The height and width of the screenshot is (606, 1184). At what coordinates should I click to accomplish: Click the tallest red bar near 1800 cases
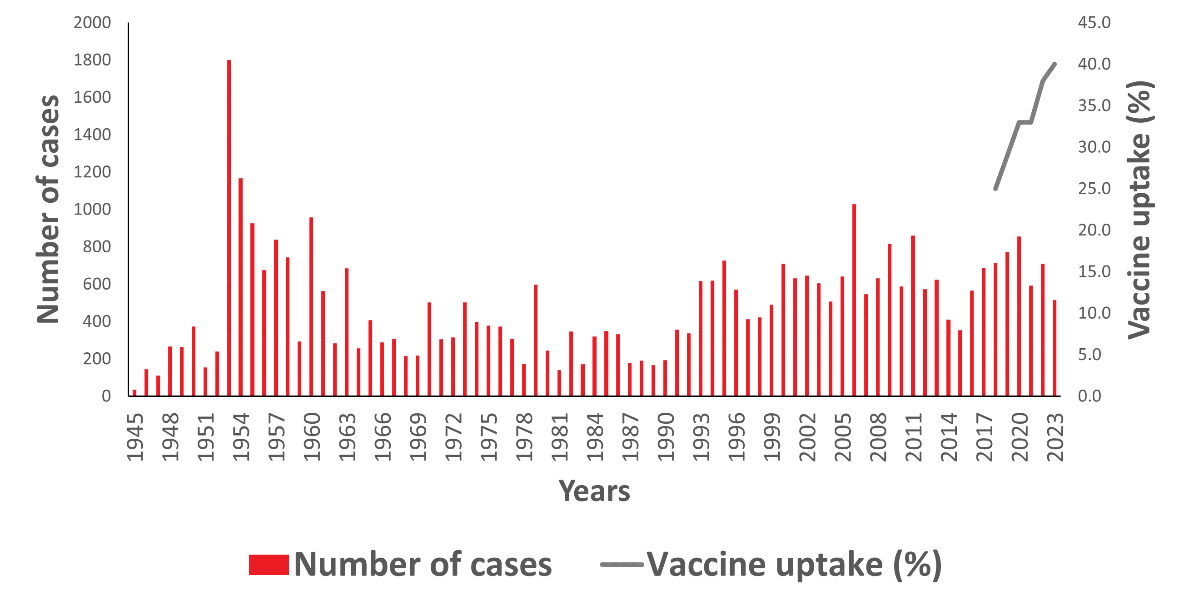(x=229, y=228)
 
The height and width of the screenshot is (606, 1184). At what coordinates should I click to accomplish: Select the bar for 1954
(x=240, y=287)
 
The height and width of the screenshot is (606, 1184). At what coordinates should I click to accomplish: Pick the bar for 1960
(x=311, y=306)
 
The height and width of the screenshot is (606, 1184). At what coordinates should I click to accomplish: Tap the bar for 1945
(x=134, y=392)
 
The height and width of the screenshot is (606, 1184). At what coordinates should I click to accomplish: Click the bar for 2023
(x=1055, y=348)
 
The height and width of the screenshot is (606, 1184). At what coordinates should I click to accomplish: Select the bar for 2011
(x=913, y=316)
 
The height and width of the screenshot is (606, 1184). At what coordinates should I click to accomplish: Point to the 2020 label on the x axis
(x=1020, y=437)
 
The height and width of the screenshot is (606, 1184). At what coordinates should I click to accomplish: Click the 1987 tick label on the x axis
(x=630, y=437)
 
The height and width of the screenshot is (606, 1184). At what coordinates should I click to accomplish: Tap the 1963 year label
(x=347, y=437)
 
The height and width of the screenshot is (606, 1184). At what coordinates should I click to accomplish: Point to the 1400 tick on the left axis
(x=92, y=135)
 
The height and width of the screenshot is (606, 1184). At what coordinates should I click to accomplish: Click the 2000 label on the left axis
(x=92, y=23)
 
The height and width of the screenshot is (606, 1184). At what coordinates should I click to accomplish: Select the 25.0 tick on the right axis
(x=1094, y=189)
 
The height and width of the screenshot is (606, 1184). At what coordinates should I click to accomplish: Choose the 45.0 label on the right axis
(x=1094, y=23)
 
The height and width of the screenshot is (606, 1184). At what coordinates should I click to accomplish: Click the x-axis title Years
(x=594, y=491)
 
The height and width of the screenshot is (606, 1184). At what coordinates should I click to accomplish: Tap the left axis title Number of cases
(x=48, y=209)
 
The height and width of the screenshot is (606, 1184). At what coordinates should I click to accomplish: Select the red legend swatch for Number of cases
(x=269, y=565)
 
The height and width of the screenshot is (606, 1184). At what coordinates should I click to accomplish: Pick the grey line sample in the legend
(x=622, y=565)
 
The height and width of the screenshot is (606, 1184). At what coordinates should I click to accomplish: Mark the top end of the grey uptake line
(x=1055, y=64)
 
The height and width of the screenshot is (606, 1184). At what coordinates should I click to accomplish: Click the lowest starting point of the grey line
(x=995, y=189)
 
